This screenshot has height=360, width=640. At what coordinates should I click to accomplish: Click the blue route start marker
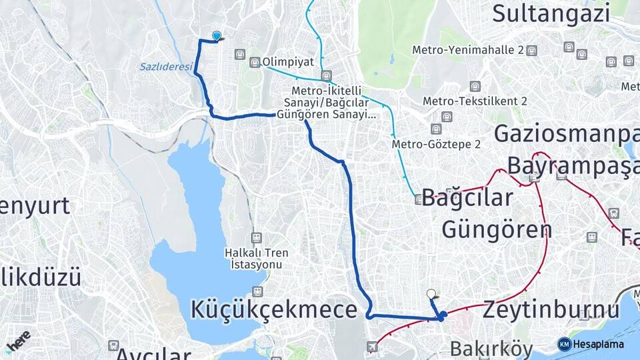pyautogui.click(x=216, y=36)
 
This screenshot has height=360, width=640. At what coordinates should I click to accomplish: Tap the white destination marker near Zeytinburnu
pyautogui.click(x=431, y=293)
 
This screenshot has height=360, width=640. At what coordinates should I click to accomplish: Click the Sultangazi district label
pyautogui.click(x=551, y=13)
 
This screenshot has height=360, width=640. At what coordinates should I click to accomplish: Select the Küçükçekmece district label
pyautogui.click(x=274, y=309)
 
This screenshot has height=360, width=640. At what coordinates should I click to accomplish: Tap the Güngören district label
pyautogui.click(x=497, y=230)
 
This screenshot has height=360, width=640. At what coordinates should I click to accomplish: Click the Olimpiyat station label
pyautogui.click(x=288, y=62)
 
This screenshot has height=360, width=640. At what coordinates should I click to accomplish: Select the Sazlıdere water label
pyautogui.click(x=166, y=67)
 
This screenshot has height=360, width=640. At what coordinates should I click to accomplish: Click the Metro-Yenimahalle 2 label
pyautogui.click(x=468, y=50)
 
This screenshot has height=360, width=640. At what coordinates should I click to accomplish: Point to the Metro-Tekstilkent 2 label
pyautogui.click(x=475, y=101)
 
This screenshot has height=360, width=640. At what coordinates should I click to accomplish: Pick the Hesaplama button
pyautogui.click(x=591, y=344)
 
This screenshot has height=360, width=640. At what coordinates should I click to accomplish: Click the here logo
pyautogui.click(x=19, y=340)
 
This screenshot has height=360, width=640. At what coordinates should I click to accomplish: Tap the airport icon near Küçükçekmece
pyautogui.click(x=372, y=347)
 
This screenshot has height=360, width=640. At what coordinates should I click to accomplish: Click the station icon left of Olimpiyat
pyautogui.click(x=254, y=63)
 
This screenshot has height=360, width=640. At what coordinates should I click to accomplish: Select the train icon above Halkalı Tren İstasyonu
pyautogui.click(x=257, y=237)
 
